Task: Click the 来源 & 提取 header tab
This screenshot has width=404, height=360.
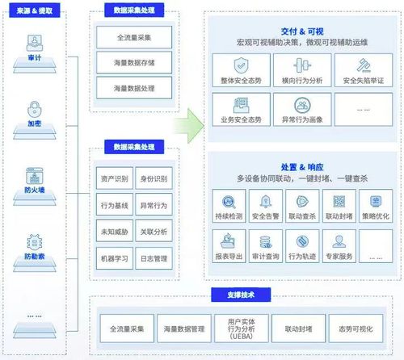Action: pos(36,13)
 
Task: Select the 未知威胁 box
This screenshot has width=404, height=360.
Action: pos(112,231)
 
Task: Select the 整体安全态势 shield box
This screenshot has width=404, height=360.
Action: pos(240,69)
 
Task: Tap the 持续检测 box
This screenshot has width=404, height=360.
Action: pos(229,206)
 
